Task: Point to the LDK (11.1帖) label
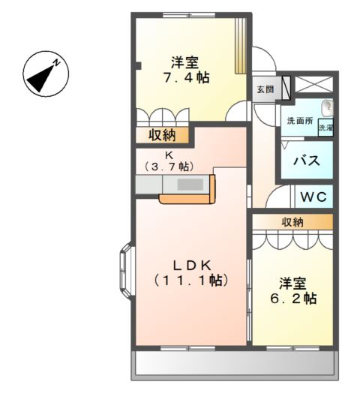point(191,272)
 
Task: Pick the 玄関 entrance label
point(265,89)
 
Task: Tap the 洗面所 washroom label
point(300,121)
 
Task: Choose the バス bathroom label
point(307,161)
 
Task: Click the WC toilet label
point(313,197)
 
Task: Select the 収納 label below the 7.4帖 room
point(161,135)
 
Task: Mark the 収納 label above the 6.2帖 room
point(292,221)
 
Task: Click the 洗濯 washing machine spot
point(325,128)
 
